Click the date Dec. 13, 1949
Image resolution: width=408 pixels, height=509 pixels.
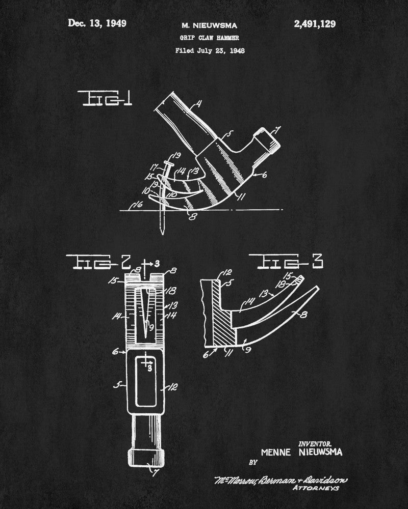[97, 23]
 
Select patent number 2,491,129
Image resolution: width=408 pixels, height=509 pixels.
[315, 24]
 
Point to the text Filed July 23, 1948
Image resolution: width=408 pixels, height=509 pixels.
[210, 50]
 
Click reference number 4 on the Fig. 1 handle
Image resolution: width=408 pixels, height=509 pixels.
[198, 104]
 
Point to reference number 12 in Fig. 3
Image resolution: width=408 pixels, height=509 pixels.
[213, 273]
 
